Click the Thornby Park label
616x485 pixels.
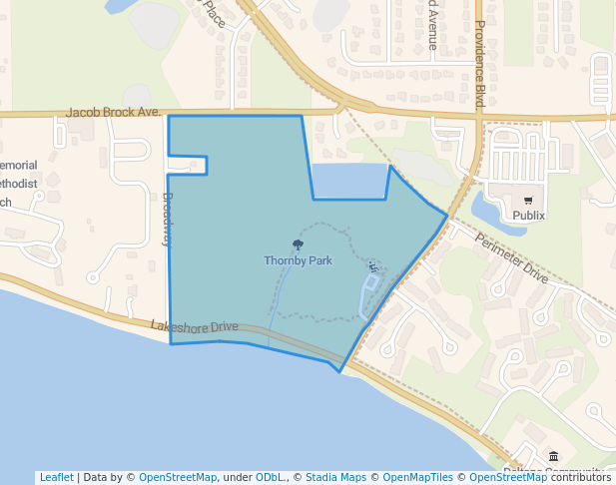pyautogui.click(x=298, y=260)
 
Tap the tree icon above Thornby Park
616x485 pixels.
pyautogui.click(x=298, y=244)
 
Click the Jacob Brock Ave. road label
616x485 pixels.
pyautogui.click(x=114, y=113)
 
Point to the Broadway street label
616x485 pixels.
pyautogui.click(x=167, y=218)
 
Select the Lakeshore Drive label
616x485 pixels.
pyautogui.click(x=195, y=326)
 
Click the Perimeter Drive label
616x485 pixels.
pyautogui.click(x=512, y=258)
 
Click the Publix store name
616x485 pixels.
pyautogui.click(x=528, y=215)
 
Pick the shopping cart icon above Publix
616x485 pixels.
pyautogui.click(x=528, y=200)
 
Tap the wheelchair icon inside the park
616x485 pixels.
pyautogui.click(x=373, y=265)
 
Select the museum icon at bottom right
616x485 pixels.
pyautogui.click(x=553, y=456)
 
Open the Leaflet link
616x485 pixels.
pyautogui.click(x=56, y=477)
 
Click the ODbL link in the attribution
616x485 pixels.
pyautogui.click(x=270, y=477)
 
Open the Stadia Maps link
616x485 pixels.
pyautogui.click(x=333, y=477)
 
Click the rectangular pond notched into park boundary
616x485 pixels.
pyautogui.click(x=349, y=182)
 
